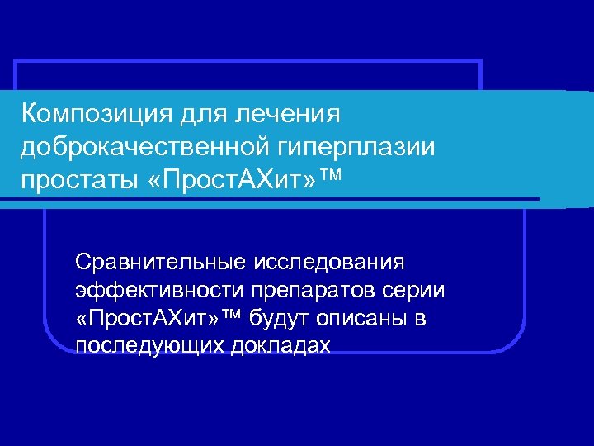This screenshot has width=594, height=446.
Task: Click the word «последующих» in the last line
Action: click(140, 346)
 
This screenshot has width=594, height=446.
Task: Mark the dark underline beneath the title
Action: click(272, 199)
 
